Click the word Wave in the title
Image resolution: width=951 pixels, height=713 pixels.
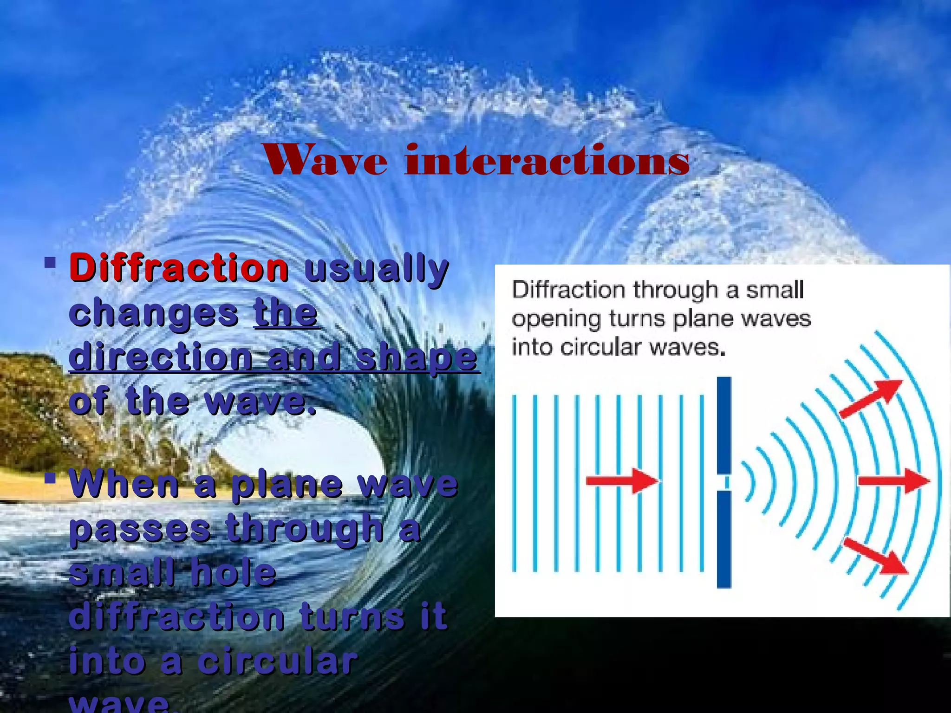coord(326,161)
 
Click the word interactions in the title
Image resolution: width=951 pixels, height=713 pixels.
coord(547,161)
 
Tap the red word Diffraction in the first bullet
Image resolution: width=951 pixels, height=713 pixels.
coord(179,268)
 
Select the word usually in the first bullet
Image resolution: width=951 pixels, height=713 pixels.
coord(376,270)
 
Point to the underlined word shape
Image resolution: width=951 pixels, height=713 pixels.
coord(416,357)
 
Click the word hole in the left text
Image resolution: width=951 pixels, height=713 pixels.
coord(234,572)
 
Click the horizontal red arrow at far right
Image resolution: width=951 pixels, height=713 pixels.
coord(893,481)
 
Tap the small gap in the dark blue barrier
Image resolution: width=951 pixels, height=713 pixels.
coord(724,483)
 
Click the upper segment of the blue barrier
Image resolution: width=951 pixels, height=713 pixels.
coord(724,425)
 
